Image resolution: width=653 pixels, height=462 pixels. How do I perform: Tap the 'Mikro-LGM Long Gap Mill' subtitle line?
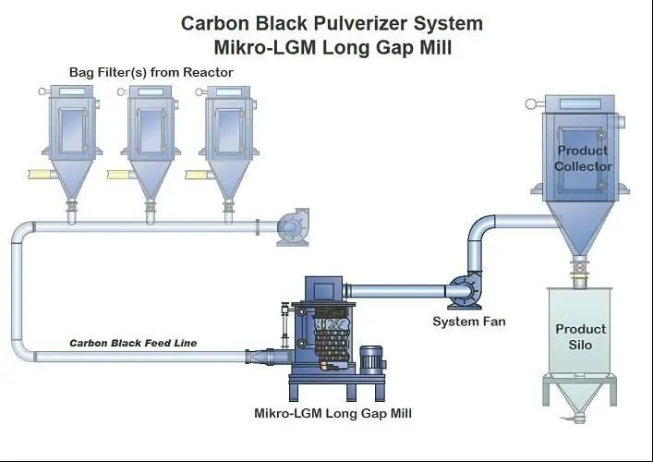331,46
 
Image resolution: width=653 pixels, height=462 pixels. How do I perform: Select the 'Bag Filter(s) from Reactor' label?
151,72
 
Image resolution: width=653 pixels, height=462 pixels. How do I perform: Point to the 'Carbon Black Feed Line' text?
133,343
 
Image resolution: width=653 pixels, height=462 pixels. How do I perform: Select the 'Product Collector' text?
583,158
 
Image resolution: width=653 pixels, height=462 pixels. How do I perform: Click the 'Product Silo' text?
581,336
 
